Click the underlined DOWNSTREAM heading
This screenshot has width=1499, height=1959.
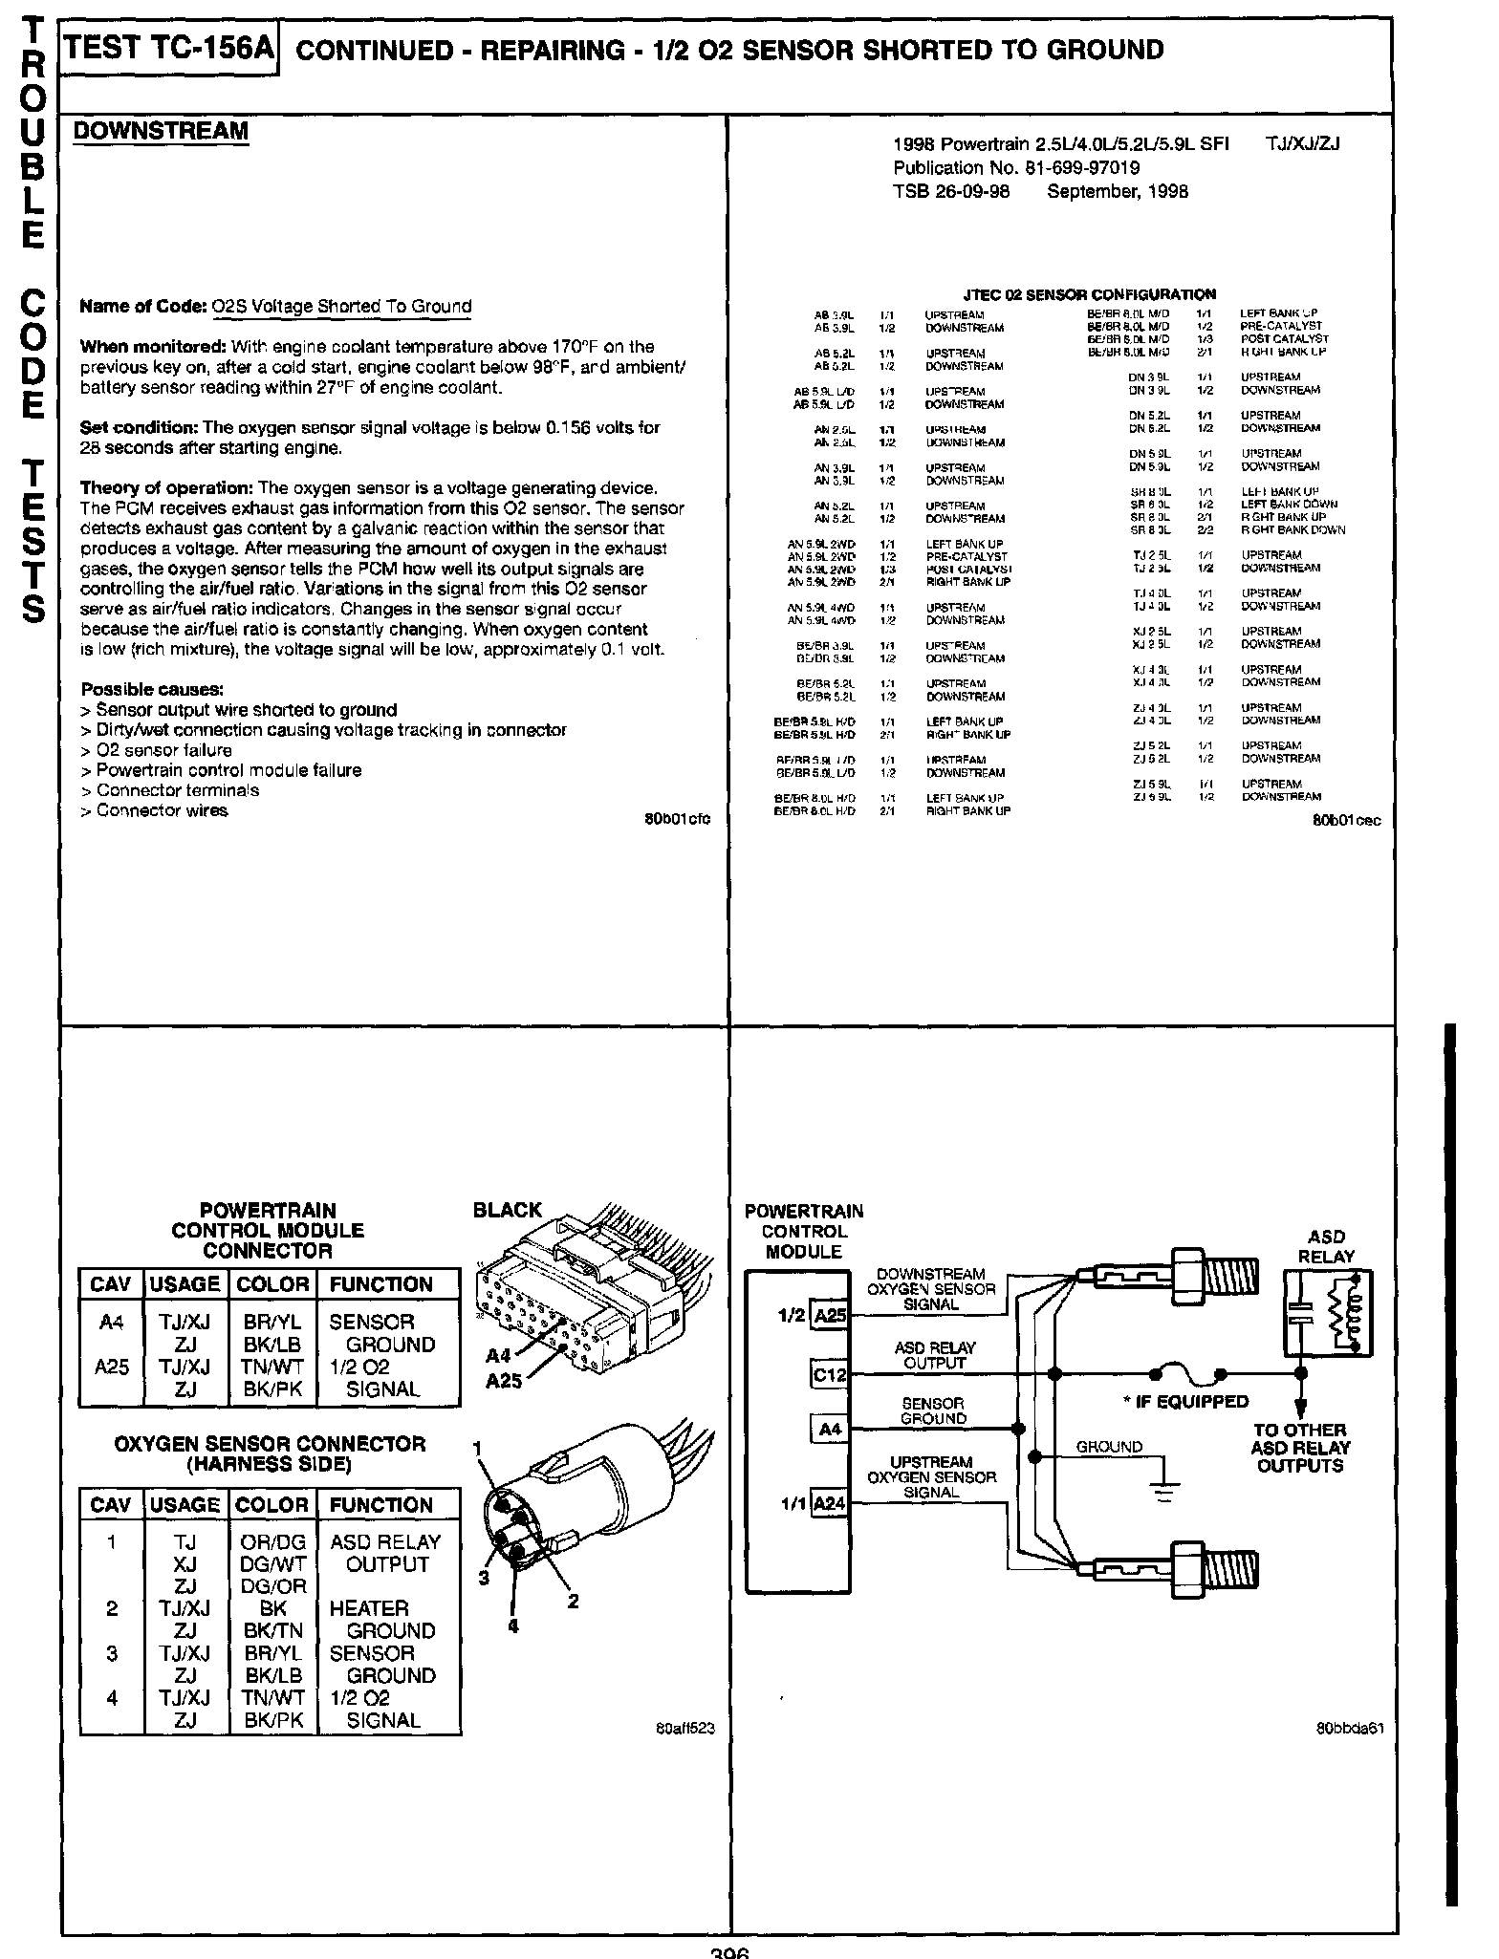click(161, 131)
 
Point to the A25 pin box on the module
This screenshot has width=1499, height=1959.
click(829, 1316)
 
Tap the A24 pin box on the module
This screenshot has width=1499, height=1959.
click(829, 1503)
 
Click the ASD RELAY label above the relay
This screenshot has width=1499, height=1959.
click(1326, 1246)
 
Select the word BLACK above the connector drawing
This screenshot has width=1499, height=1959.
click(507, 1210)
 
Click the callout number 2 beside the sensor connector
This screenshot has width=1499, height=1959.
click(573, 1602)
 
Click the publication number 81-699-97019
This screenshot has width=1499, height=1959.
click(1077, 168)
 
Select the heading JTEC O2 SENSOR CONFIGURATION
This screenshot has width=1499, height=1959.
click(1089, 294)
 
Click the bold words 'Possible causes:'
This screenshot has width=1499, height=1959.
click(153, 689)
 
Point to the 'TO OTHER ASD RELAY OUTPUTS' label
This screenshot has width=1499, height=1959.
click(1300, 1448)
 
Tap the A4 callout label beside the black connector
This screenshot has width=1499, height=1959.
click(498, 1356)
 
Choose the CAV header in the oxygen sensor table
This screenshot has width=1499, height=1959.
click(110, 1505)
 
